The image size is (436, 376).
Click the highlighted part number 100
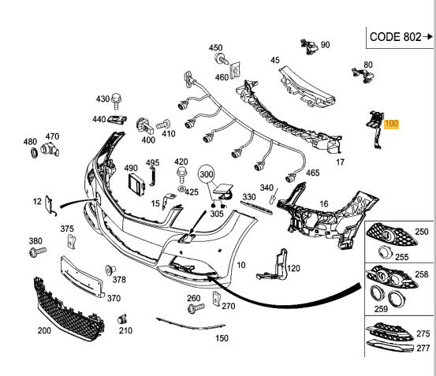coord(391,124)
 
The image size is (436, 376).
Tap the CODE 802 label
coord(396,37)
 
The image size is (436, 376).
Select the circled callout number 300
coord(207,174)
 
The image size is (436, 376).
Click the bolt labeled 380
coord(38,251)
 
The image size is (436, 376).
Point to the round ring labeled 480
coord(34,153)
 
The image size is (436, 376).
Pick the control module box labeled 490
coord(136,184)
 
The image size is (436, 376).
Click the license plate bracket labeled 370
coord(83,277)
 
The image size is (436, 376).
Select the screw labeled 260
coord(196,307)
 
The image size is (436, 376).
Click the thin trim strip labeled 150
coord(191,324)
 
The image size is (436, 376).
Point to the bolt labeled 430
coord(117,102)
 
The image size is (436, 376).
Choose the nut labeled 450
coord(221,58)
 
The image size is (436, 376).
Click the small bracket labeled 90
coord(310,47)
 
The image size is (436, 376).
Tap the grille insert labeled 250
coord(392,234)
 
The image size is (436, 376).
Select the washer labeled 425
coord(181,188)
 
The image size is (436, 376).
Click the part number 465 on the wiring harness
coord(313,173)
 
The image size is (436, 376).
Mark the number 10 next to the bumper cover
coord(241,265)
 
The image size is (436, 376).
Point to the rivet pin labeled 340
coord(274,197)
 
